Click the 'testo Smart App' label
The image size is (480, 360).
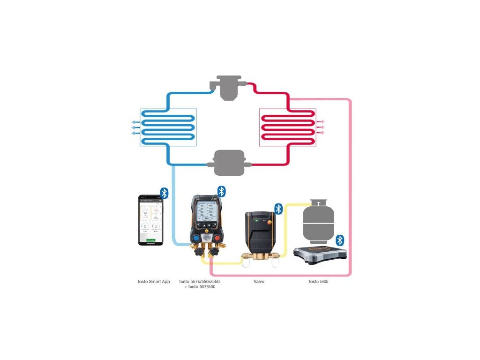pyautogui.click(x=154, y=282)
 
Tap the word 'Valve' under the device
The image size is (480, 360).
pyautogui.click(x=259, y=282)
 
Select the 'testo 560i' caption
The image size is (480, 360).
pyautogui.click(x=322, y=282)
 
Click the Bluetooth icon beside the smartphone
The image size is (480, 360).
pyautogui.click(x=164, y=193)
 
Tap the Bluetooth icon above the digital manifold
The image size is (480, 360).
pyautogui.click(x=222, y=191)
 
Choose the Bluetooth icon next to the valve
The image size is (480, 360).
pyautogui.click(x=278, y=209)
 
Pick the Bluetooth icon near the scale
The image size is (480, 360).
pyautogui.click(x=340, y=240)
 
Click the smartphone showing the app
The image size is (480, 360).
pyautogui.click(x=150, y=219)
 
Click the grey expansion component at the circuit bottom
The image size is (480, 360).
pyautogui.click(x=229, y=163)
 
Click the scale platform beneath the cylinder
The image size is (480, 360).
pyautogui.click(x=320, y=254)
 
